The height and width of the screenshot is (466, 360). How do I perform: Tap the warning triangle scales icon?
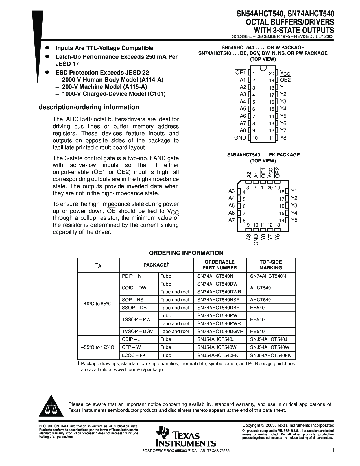pyautogui.click(x=51, y=407)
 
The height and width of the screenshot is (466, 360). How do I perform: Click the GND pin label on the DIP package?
pyautogui.click(x=240, y=138)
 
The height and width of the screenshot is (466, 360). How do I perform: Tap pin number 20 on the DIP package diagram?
pyautogui.click(x=271, y=73)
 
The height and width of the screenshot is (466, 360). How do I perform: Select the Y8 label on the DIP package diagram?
pyautogui.click(x=283, y=138)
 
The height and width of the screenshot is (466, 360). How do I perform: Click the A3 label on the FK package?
pyautogui.click(x=232, y=191)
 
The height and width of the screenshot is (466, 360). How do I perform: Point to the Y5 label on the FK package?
pyautogui.click(x=294, y=220)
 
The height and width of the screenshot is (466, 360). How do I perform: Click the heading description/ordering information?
pyautogui.click(x=89, y=107)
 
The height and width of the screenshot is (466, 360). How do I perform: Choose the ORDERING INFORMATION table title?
pyautogui.click(x=186, y=253)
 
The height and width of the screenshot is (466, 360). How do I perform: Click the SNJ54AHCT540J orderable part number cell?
pyautogui.click(x=216, y=339)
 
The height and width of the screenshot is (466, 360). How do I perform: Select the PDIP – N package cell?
pyautogui.click(x=132, y=276)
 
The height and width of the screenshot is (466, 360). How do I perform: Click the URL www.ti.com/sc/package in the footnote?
pyautogui.click(x=138, y=369)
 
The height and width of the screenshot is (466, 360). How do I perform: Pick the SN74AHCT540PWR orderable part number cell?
pyautogui.click(x=219, y=323)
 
